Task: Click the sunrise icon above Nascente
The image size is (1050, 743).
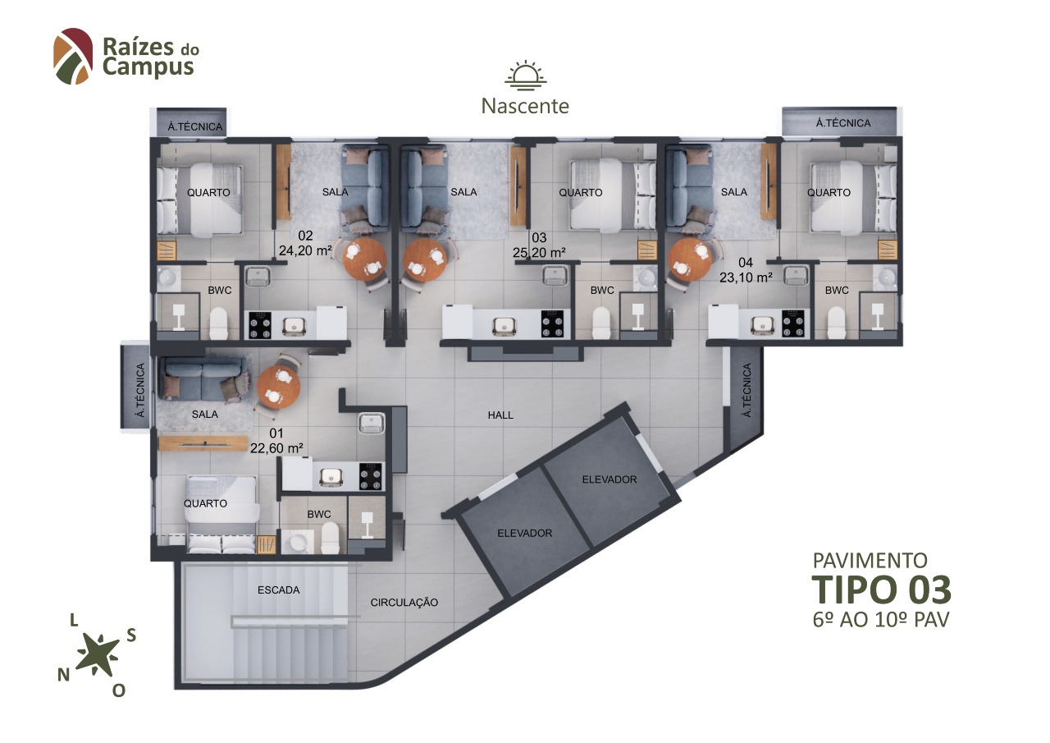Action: [526, 75]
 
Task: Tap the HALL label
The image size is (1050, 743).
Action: [500, 415]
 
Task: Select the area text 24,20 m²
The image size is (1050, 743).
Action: [306, 251]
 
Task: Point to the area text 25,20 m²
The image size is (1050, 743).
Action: [539, 253]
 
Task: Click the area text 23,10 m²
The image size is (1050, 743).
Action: [746, 277]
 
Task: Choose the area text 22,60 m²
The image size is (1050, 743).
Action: [276, 448]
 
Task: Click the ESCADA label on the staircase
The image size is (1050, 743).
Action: [278, 590]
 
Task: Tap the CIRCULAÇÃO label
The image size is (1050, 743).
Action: [404, 603]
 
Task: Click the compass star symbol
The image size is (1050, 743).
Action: [98, 654]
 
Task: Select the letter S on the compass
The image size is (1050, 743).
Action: [131, 635]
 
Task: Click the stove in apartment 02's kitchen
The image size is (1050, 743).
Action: [260, 325]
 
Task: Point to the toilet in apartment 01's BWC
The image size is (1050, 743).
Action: [330, 538]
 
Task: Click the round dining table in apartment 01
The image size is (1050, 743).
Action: [278, 386]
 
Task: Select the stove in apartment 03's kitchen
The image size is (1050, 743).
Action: [552, 323]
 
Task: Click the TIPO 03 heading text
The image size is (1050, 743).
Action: [882, 589]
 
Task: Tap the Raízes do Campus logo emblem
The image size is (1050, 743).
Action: [73, 57]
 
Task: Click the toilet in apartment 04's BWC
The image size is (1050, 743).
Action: [836, 323]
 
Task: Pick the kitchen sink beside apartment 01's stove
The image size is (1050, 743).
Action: [331, 477]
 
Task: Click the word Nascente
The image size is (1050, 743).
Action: [525, 106]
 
